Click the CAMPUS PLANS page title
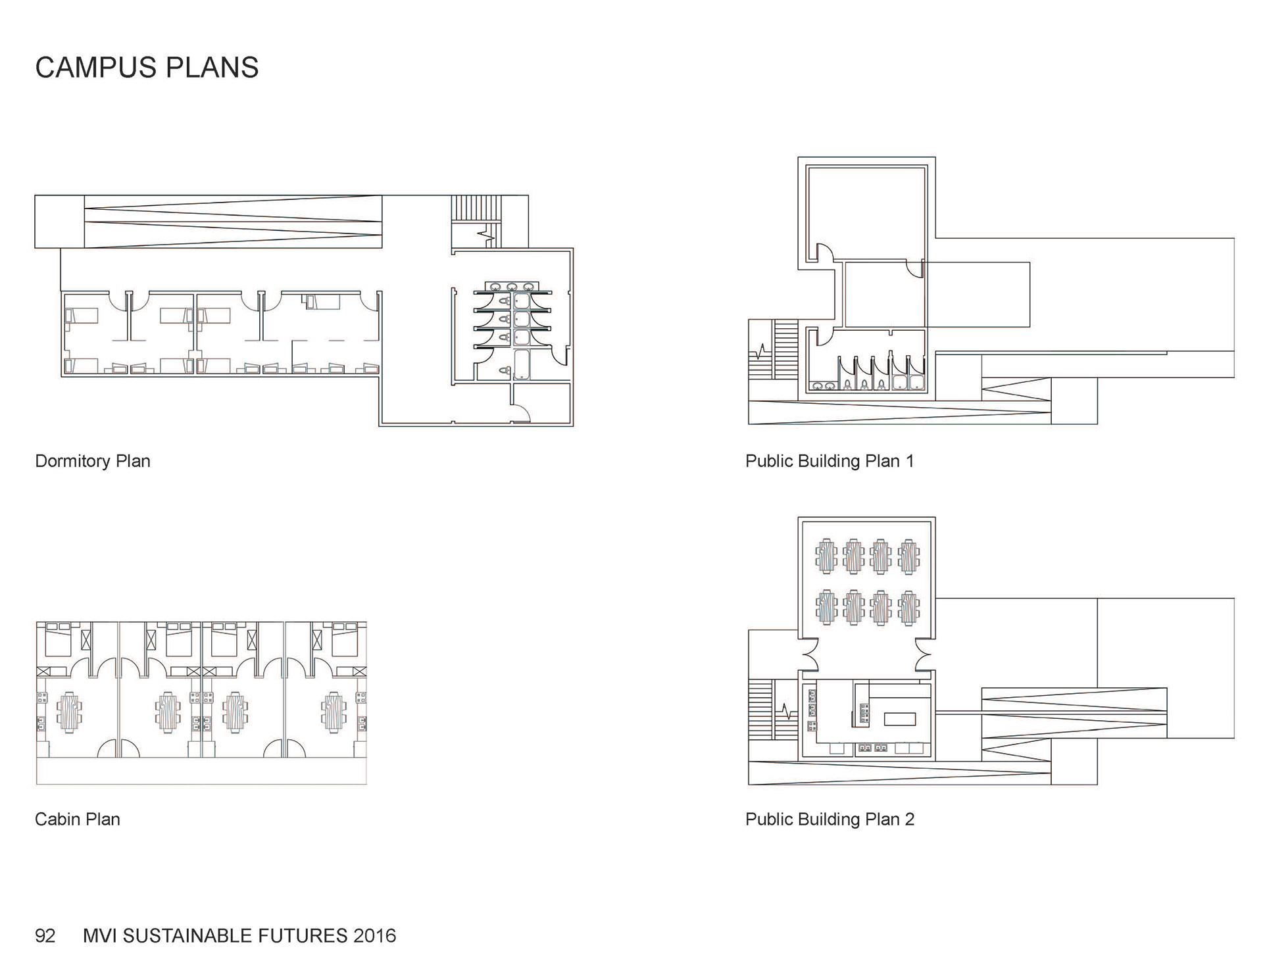coord(147,68)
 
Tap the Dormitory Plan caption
coord(93,461)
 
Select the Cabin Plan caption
coord(78,819)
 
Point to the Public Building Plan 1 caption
coord(830,461)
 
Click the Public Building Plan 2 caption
coord(830,819)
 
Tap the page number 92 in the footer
coord(45,936)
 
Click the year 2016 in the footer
coord(374,936)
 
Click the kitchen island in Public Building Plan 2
coord(900,720)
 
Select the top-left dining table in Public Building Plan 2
coord(826,556)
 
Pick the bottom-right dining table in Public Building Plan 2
coord(909,608)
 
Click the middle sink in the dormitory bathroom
coord(512,287)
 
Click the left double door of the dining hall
coord(809,654)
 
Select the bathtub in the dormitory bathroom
coord(523,365)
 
